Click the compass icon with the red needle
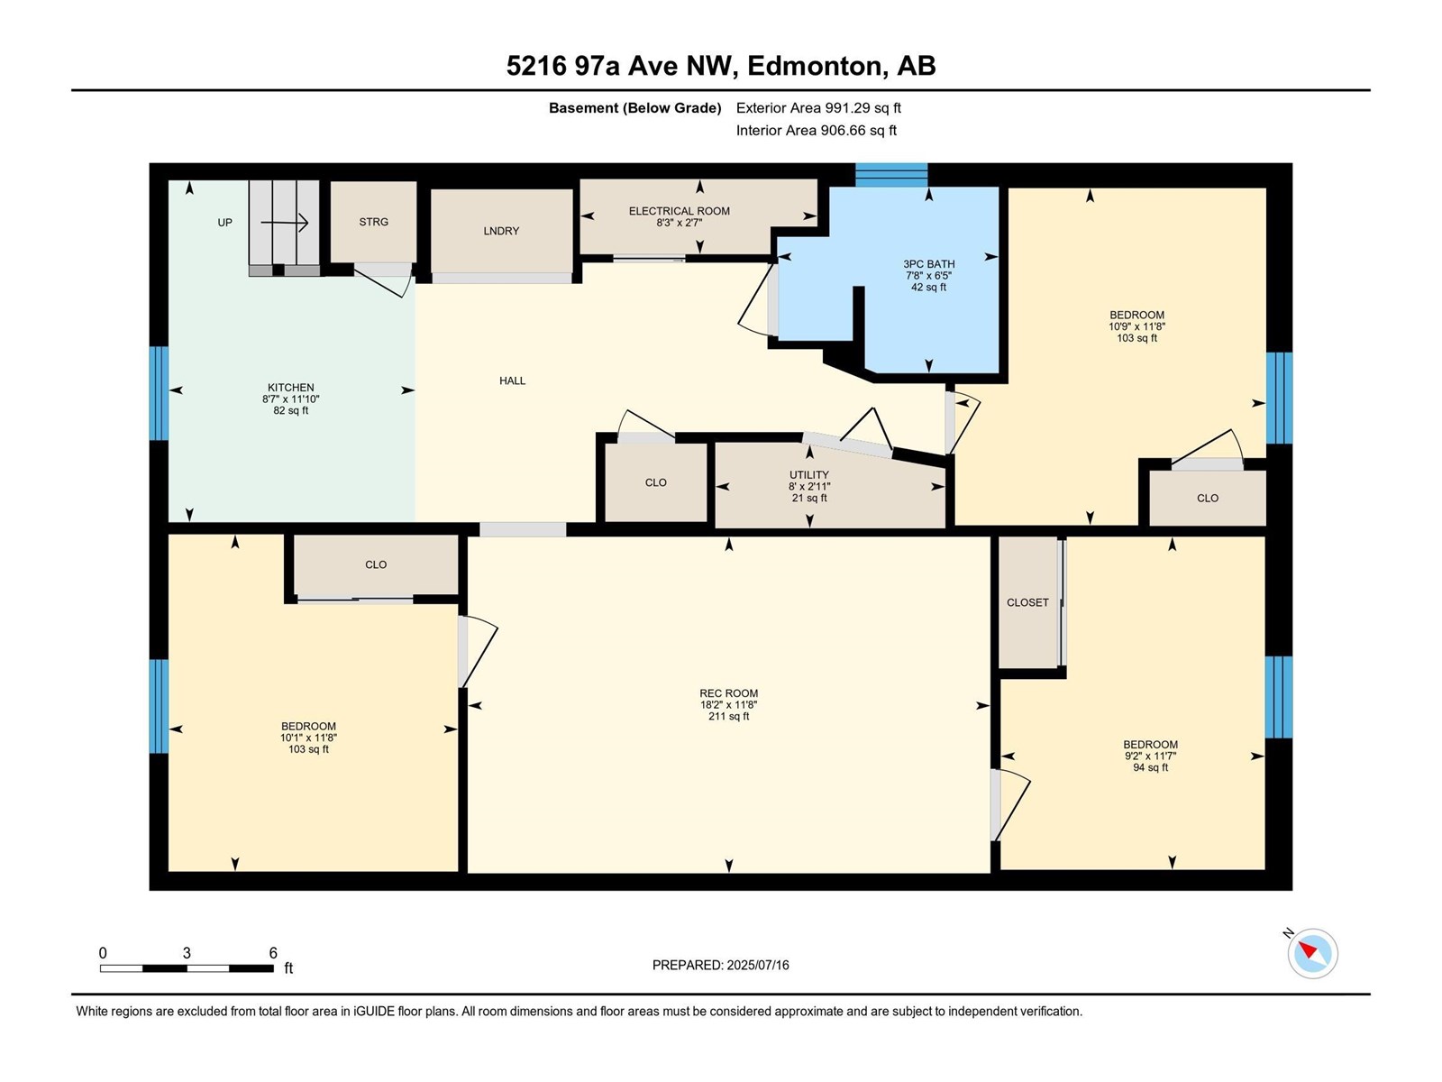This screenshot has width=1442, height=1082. point(1312,953)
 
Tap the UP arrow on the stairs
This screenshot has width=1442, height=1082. point(285,223)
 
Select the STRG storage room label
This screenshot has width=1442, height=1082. point(373,222)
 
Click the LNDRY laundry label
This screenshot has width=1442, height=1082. point(501,231)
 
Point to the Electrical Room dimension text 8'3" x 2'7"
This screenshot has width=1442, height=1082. point(680,223)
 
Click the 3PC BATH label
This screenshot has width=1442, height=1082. point(928,264)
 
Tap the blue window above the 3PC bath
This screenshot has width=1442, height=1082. point(891,176)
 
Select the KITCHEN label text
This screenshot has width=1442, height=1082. point(290,388)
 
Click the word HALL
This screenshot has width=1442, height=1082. point(513,381)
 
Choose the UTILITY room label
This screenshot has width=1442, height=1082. point(809,474)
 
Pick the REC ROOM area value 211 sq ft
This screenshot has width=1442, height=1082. point(728,716)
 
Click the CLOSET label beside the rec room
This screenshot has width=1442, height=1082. point(1027,602)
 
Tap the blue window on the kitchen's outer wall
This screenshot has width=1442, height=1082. point(159,393)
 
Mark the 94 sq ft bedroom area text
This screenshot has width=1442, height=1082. point(1150,767)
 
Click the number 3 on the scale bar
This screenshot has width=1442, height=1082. point(187,952)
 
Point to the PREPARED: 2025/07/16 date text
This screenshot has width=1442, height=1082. point(721,965)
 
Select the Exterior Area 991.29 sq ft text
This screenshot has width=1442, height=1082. point(818,107)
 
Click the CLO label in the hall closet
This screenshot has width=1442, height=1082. point(655,482)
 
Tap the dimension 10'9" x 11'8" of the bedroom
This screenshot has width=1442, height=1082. point(1136,326)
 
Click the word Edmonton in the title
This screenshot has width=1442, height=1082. point(814,67)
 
